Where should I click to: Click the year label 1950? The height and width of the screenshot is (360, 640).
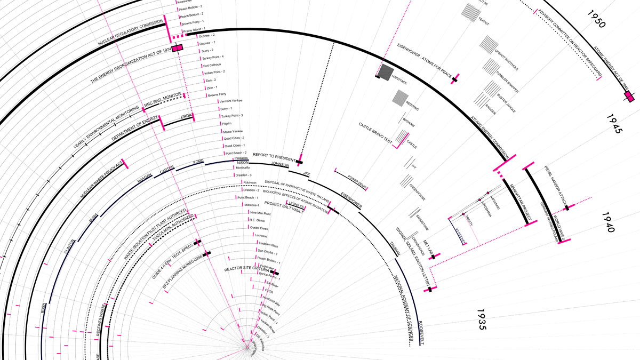594,20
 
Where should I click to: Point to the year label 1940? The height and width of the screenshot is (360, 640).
609,222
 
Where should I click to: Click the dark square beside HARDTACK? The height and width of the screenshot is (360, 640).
386,71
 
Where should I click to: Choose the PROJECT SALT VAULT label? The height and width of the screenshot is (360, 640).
284,207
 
